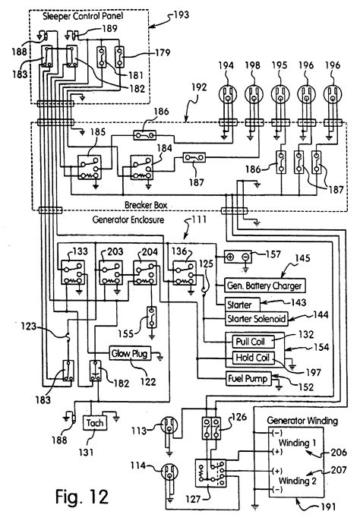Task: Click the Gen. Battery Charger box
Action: point(264,286)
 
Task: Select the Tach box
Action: point(95,423)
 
